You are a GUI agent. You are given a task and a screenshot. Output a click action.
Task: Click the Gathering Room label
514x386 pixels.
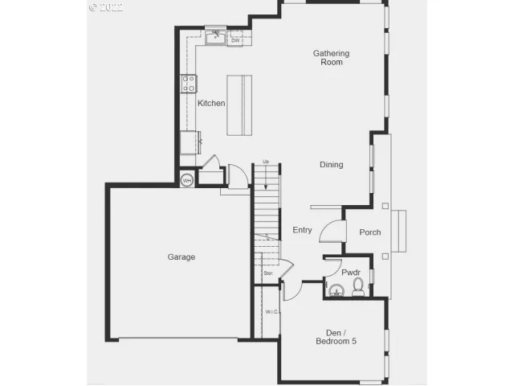331,58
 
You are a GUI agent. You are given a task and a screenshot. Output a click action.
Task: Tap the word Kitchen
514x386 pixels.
211,103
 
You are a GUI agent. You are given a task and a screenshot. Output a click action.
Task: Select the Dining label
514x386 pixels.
331,165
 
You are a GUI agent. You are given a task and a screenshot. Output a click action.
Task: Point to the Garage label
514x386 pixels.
182,257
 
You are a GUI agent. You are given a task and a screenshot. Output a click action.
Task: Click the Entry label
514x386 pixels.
302,231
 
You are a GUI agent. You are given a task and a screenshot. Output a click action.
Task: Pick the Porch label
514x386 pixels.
370,232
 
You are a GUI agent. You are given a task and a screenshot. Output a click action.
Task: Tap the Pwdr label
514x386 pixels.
351,273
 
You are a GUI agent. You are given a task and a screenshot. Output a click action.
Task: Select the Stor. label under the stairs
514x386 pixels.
268,273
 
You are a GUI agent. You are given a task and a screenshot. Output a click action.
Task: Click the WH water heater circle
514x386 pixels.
187,180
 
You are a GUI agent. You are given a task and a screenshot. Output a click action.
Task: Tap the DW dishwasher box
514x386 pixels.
235,39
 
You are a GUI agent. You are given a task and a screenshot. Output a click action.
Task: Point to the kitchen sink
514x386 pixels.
214,38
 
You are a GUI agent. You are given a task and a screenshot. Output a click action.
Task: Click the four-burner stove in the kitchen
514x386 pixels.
189,83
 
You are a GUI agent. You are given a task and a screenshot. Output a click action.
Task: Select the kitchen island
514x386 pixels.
239,105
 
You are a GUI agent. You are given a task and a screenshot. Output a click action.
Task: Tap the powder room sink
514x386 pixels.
336,290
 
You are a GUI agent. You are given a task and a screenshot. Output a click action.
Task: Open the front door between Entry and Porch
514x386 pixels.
332,232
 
